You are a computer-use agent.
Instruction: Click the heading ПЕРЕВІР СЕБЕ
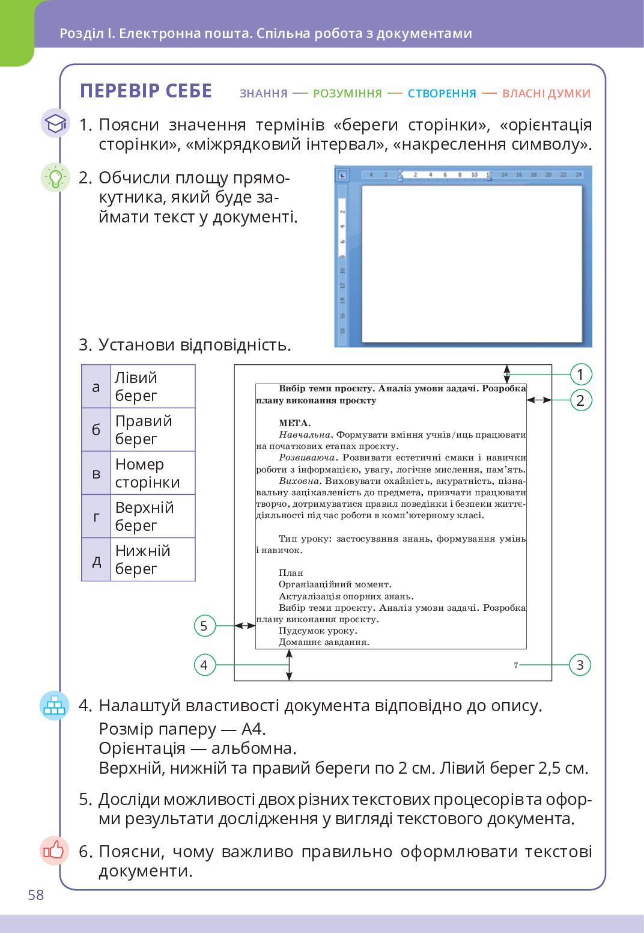coord(146,91)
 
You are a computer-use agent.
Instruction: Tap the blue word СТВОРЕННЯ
coord(442,93)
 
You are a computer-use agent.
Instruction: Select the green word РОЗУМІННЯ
coord(347,93)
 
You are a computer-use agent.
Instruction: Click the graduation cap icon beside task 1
coord(55,123)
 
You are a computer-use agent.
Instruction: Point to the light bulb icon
coord(55,177)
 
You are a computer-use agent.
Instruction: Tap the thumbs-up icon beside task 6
coord(55,851)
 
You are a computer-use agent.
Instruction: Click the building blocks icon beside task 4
coord(55,705)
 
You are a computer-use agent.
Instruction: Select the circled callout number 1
coord(580,375)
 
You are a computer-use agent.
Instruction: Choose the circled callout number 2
coord(580,400)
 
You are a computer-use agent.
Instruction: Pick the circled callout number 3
coord(580,665)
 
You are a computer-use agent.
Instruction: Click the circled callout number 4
coord(204,665)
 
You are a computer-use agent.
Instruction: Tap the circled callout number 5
coord(204,626)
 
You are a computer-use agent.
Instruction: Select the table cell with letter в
coord(96,473)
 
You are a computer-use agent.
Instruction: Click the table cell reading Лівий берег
coord(153,387)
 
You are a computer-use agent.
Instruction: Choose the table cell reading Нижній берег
coord(153,560)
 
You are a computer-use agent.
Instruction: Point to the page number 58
coord(36,895)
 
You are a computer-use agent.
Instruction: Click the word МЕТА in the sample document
coord(294,423)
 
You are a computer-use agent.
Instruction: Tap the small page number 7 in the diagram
coord(516,665)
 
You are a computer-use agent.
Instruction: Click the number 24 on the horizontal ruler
coord(578,175)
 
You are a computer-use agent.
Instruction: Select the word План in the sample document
coord(291,573)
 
